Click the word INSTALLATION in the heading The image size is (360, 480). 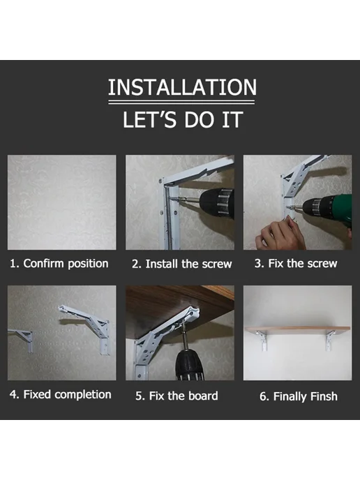click(x=182, y=87)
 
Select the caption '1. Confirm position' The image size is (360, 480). click(x=59, y=264)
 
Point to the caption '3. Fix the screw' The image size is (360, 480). click(x=296, y=264)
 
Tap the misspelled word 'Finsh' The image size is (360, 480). click(x=324, y=396)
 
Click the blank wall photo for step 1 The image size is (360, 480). click(x=62, y=202)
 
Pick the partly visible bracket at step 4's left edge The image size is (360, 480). click(x=22, y=339)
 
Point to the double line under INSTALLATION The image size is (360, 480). click(x=181, y=103)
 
